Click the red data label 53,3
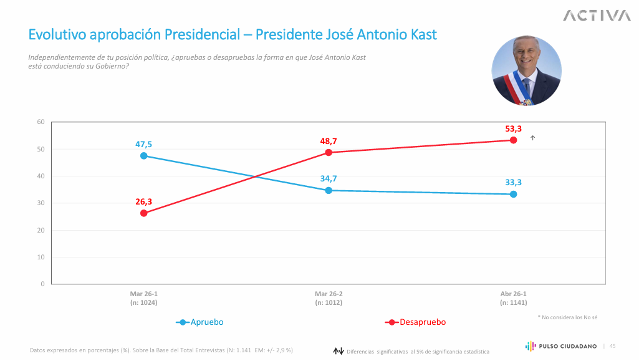tap(513, 129)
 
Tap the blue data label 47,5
tap(143, 145)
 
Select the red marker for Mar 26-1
tap(144, 213)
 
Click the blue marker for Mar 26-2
tap(329, 190)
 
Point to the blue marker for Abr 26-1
tap(513, 194)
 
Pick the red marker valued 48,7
tap(329, 153)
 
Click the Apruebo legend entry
tap(200, 322)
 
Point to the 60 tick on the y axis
tap(41, 122)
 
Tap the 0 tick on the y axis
tap(42, 284)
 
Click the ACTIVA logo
tap(597, 16)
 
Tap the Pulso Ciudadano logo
tap(561, 346)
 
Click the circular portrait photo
tap(526, 70)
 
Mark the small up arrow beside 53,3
tap(532, 138)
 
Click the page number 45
tap(612, 346)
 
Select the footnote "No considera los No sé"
tap(567, 317)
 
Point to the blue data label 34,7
tap(329, 179)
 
